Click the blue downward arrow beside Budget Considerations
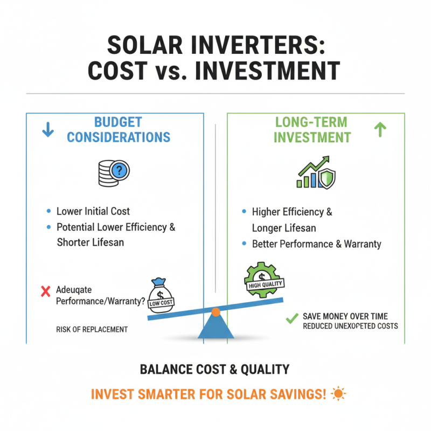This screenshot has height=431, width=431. coord(48,129)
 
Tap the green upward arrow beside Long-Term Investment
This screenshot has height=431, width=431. coord(380,129)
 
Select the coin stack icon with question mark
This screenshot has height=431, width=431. coord(114,172)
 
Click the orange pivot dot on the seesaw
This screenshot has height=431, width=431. coord(215,311)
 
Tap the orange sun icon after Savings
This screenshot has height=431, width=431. coord(339,394)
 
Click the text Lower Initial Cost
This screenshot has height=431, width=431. coord(93,211)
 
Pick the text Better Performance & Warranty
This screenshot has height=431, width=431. coord(317,244)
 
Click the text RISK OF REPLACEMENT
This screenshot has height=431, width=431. coord(92,329)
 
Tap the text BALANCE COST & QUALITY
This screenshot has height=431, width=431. coord(214,370)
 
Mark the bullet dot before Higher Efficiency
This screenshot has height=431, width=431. coord(244,212)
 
